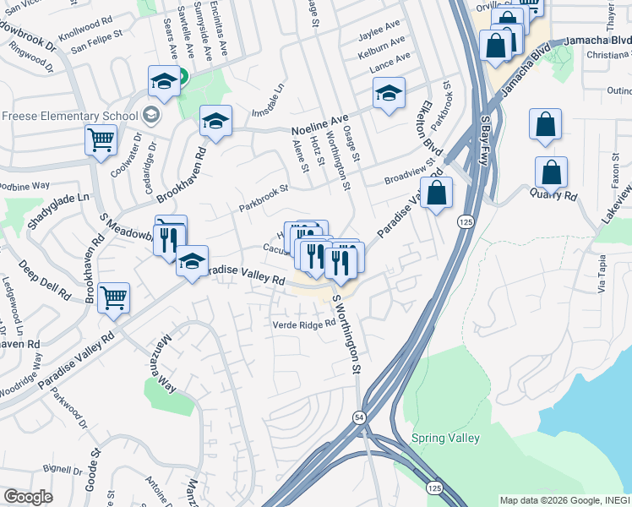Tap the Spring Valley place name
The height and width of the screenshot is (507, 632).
[445, 438]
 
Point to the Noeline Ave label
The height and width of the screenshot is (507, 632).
[320, 131]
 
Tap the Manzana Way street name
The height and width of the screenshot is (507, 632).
[166, 364]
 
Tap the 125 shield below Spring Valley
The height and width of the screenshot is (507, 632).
[433, 488]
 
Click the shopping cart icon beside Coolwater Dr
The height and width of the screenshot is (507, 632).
[101, 140]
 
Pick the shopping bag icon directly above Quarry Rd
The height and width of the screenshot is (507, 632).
[551, 172]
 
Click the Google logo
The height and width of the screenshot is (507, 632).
[28, 497]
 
